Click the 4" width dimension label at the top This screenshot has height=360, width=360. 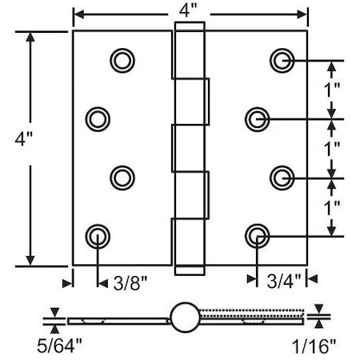pos(190,14)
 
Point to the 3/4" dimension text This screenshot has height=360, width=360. pos(282,281)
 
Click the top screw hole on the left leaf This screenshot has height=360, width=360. pos(122,60)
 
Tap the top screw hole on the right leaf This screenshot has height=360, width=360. pos(281,60)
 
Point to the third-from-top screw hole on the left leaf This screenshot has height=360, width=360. pos(122,176)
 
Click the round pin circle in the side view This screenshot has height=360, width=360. pos(183,317)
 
